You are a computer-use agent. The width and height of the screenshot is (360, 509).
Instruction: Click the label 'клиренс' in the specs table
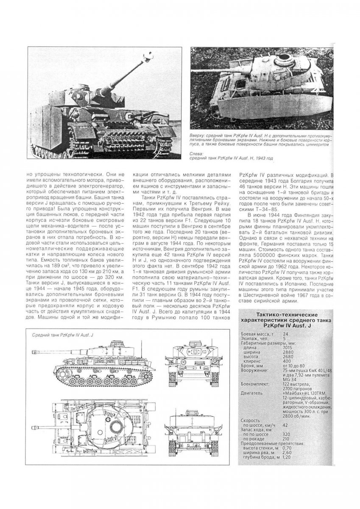tap(252, 361)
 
